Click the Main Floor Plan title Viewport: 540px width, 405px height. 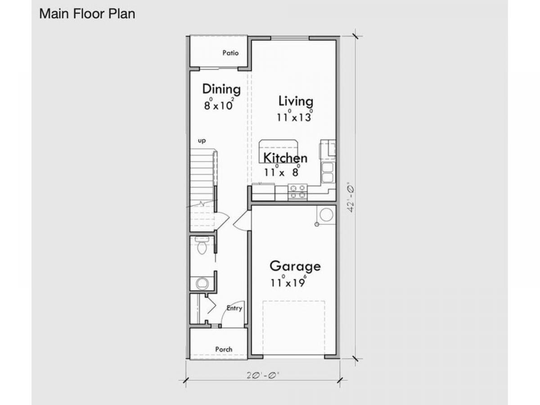point(87,14)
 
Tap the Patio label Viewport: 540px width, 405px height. point(230,53)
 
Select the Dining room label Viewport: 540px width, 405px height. point(221,89)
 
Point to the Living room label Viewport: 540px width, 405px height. point(296,101)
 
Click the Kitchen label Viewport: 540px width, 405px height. point(285,158)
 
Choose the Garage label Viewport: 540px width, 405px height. point(295,266)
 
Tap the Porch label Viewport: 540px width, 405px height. point(224,349)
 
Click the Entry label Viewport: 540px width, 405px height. point(234,308)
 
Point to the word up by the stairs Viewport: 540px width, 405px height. point(202,141)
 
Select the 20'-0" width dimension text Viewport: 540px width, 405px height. point(263,375)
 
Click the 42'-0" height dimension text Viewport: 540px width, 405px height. point(351,197)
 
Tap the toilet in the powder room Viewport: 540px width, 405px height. point(202,245)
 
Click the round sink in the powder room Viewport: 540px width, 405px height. point(202,284)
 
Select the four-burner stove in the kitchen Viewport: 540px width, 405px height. point(298,192)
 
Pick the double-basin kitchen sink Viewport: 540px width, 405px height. point(328,173)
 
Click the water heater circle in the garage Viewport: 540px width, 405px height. point(326,215)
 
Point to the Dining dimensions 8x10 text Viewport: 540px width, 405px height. point(219,104)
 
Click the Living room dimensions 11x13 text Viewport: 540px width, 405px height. point(295,116)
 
